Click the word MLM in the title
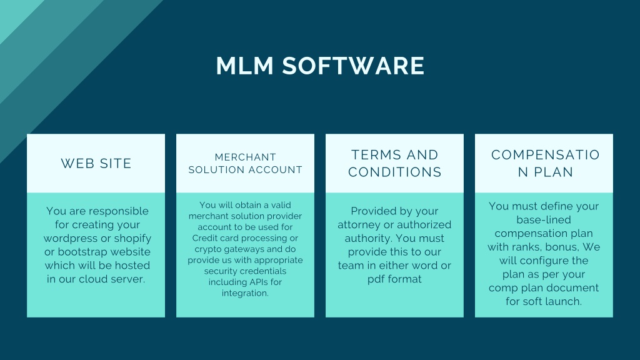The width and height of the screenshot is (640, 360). [x=244, y=66]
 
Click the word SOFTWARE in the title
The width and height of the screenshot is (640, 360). [x=354, y=66]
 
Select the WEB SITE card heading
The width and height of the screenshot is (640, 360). [x=96, y=163]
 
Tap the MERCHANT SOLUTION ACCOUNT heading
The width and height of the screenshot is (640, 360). [x=245, y=163]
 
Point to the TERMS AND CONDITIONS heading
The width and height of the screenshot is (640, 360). [x=395, y=163]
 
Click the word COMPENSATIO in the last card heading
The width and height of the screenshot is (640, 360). [x=545, y=155]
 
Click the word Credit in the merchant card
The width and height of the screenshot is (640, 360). [x=205, y=238]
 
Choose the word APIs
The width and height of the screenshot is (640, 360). [x=257, y=282]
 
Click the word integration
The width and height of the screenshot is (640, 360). [x=245, y=293]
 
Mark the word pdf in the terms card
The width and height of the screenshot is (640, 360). [x=376, y=279]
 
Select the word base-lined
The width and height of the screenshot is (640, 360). [x=544, y=219]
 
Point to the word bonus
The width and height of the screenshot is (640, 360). [x=559, y=247]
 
